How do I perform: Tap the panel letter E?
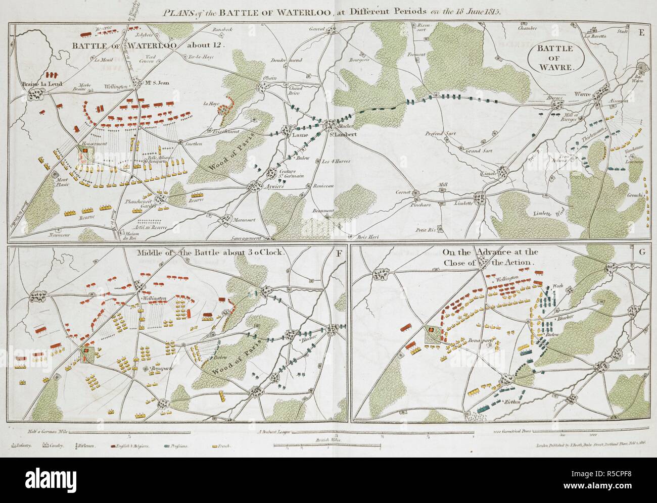pos(641,33)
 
